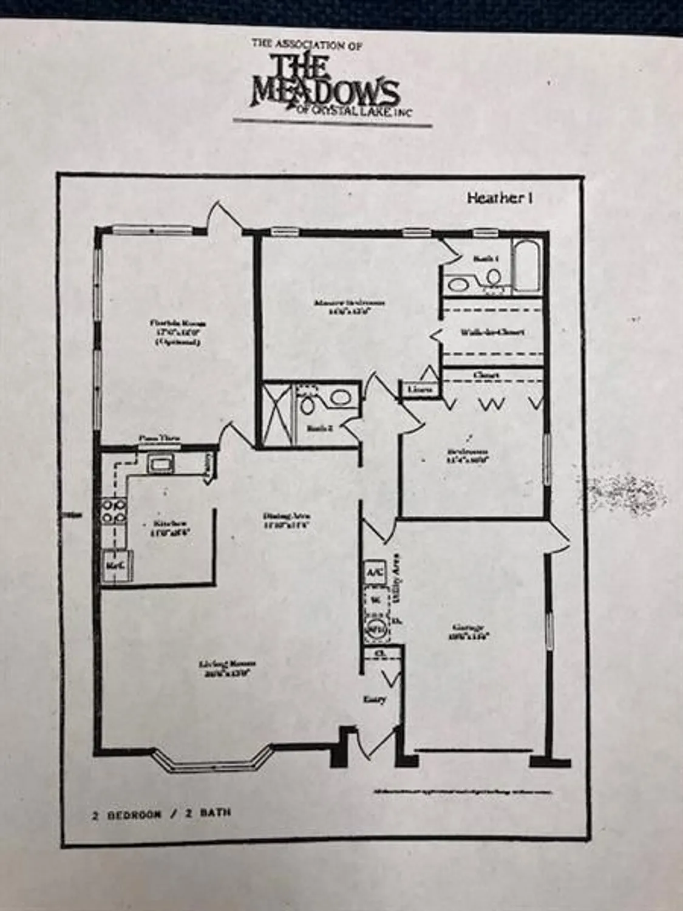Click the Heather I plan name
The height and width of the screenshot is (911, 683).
(500, 198)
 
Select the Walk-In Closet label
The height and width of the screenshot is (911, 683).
(492, 332)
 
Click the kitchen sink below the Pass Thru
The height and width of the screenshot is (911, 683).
(161, 465)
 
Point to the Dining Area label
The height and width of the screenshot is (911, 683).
(287, 522)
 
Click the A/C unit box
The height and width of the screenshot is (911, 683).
(372, 572)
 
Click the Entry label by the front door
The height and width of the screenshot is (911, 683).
(375, 699)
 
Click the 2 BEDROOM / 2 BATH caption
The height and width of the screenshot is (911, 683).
(161, 814)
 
